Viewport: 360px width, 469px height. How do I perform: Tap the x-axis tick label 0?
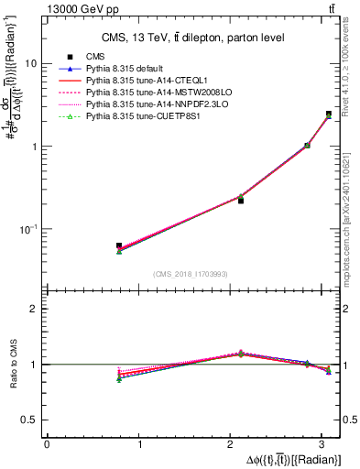click(x=47, y=443)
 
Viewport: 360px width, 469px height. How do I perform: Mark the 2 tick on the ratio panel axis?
click(x=35, y=309)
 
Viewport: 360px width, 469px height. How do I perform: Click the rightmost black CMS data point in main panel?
click(x=329, y=115)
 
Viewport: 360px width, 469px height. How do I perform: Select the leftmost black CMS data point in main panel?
click(x=119, y=246)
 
